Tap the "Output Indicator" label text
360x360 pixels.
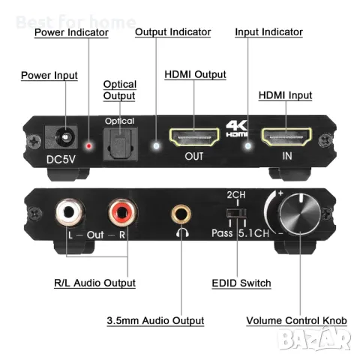pyautogui.click(x=172, y=32)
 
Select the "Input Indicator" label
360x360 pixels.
pyautogui.click(x=268, y=32)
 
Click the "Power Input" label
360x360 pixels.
pyautogui.click(x=49, y=76)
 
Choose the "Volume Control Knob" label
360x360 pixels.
pyautogui.click(x=297, y=321)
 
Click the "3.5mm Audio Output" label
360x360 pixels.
pyautogui.click(x=155, y=321)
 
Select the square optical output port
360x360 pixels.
pyautogui.click(x=118, y=139)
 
